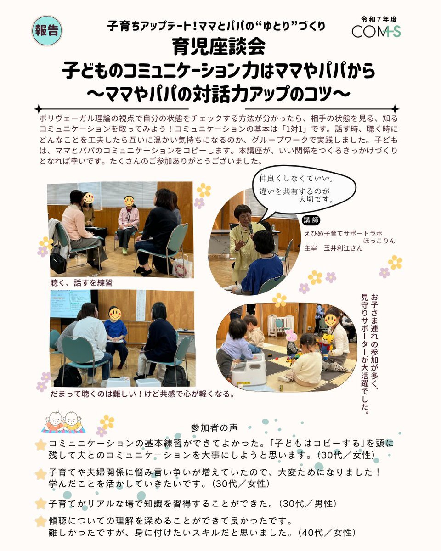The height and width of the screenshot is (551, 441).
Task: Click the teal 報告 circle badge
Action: [x=47, y=31]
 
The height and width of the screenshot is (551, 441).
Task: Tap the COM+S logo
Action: [x=376, y=31]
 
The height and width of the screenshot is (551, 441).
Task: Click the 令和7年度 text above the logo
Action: [x=379, y=19]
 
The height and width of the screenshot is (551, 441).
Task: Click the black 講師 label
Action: [x=311, y=220]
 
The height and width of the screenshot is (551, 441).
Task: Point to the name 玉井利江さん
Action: [x=343, y=248]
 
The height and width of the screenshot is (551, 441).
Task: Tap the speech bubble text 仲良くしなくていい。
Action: [x=296, y=179]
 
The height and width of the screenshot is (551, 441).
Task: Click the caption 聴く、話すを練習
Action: [x=81, y=283]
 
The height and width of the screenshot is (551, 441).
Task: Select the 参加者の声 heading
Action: [x=214, y=427]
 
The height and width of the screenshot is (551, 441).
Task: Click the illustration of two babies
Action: [x=63, y=422]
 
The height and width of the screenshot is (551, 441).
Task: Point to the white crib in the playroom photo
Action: [x=281, y=325]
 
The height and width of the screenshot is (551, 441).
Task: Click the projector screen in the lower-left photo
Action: [x=70, y=304]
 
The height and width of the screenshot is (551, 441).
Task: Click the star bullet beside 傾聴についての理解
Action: [x=40, y=521]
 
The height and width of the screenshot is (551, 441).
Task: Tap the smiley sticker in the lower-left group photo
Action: [x=115, y=313]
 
